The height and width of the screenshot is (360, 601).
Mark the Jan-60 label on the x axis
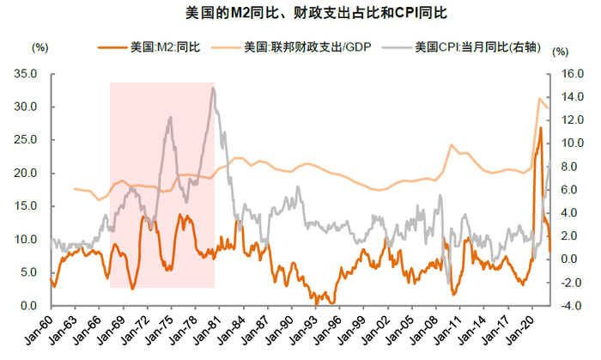coord(39,332)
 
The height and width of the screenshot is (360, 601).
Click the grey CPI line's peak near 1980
coord(213,88)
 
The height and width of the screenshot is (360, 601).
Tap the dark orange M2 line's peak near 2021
coord(540,128)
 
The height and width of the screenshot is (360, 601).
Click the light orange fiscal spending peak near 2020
coord(539,98)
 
